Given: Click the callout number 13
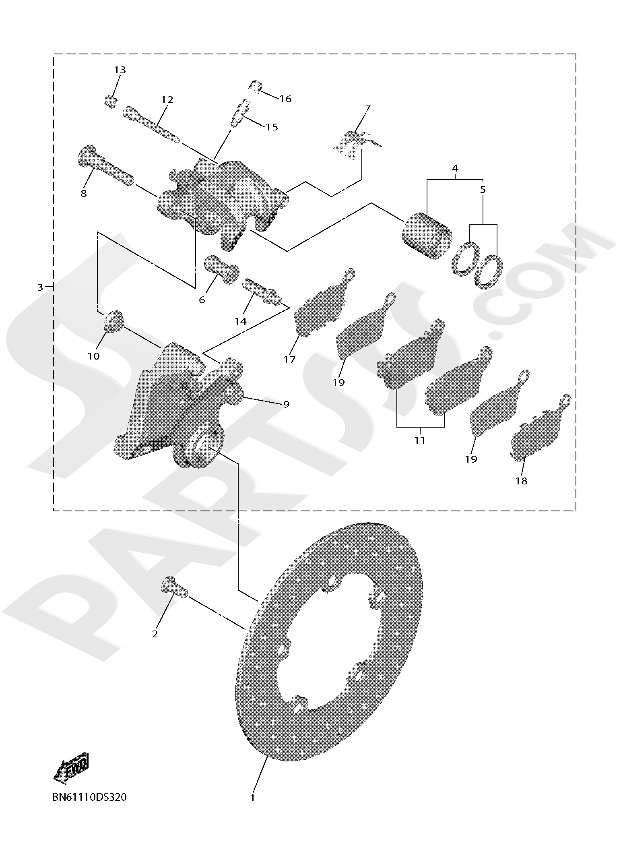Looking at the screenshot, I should (120, 70).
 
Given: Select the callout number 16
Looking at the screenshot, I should (285, 99).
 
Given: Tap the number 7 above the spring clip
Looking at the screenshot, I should (367, 108).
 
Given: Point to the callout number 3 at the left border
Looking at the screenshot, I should (40, 287).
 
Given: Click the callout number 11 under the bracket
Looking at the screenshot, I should (420, 440).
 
